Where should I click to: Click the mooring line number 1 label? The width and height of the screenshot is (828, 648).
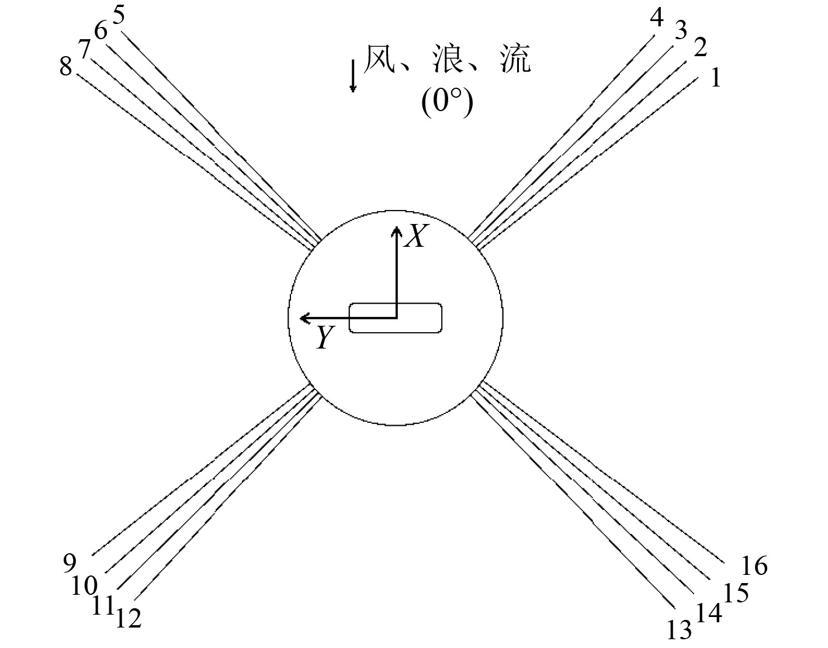pos(715,78)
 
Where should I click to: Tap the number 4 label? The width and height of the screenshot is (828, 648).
pos(657,19)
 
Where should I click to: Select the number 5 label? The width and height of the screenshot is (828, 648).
pos(119,15)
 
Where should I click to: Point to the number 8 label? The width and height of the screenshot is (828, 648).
pos(65,67)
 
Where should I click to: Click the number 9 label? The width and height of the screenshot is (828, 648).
pos(70,563)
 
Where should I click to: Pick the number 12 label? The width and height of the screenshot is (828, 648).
pos(129,618)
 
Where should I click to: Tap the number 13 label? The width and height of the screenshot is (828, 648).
pos(679,630)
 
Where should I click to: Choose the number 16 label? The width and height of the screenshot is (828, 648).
pos(754,566)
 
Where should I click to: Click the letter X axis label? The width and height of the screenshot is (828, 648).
pos(415,237)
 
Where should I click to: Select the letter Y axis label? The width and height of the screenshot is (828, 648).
pos(325,338)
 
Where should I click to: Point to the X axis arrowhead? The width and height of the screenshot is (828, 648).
pos(396,231)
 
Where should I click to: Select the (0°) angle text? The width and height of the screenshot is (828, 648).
pos(447,104)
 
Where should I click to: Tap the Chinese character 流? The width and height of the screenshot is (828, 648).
pos(515,60)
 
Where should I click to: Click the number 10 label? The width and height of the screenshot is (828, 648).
pos(85,585)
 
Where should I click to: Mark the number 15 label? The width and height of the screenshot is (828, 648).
pos(736,593)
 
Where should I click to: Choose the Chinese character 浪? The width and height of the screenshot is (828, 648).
pos(447,60)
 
